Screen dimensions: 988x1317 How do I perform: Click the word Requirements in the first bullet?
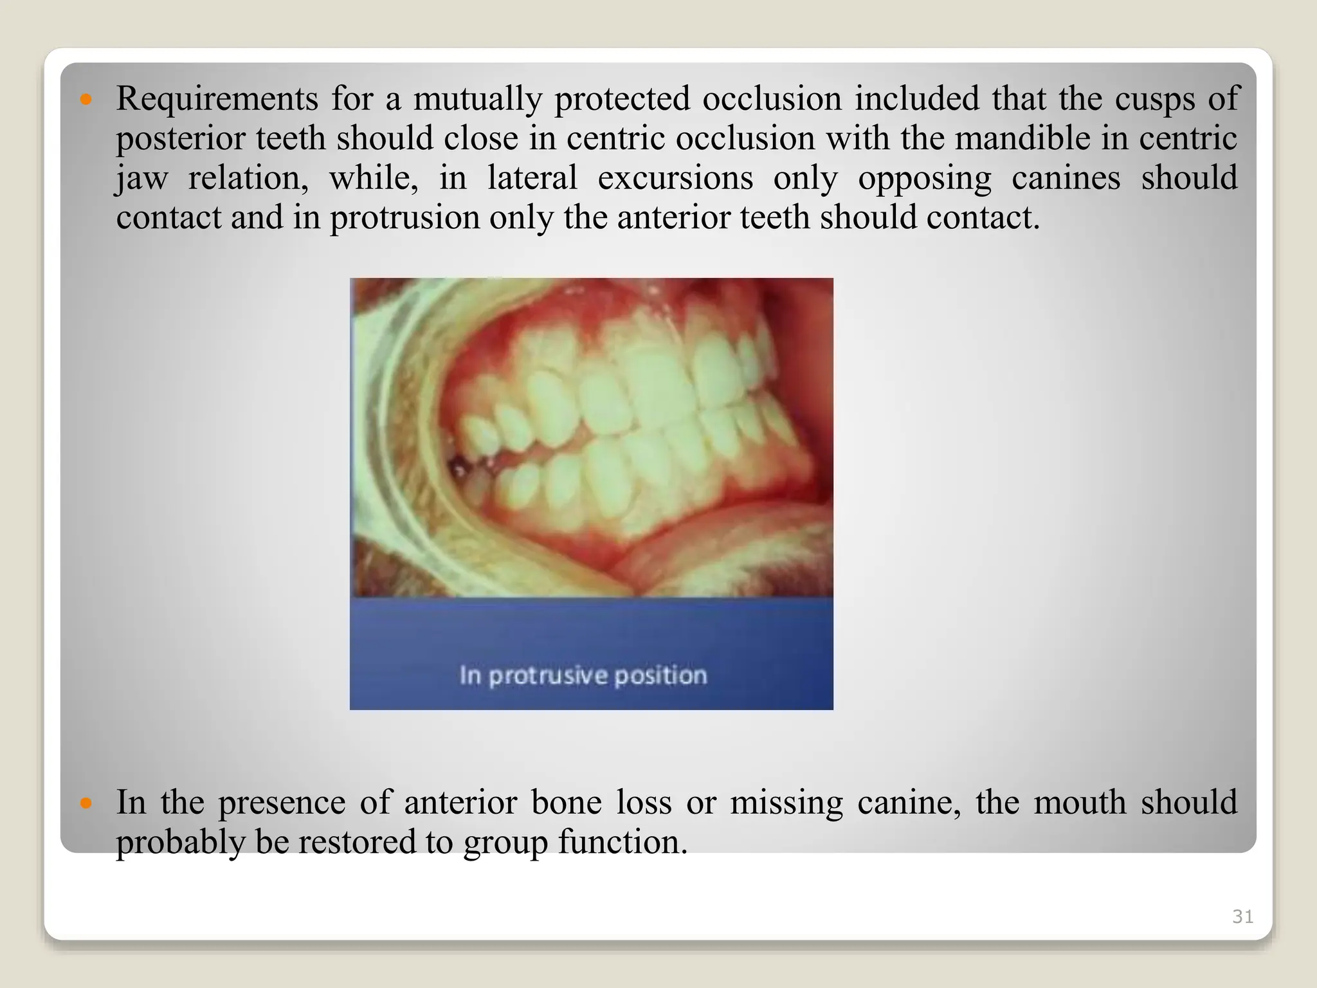pyautogui.click(x=217, y=100)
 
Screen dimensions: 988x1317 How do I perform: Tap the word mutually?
pyautogui.click(x=477, y=100)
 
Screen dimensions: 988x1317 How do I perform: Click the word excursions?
pyautogui.click(x=675, y=178)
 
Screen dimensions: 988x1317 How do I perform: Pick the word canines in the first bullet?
pyautogui.click(x=1066, y=178)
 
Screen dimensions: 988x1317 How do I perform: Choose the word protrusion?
pyautogui.click(x=405, y=217)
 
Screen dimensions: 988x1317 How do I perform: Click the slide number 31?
pyautogui.click(x=1242, y=917)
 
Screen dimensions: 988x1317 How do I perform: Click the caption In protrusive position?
pyautogui.click(x=583, y=675)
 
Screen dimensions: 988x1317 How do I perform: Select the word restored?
pyautogui.click(x=356, y=842)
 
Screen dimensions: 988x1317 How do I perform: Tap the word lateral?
pyautogui.click(x=532, y=178)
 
